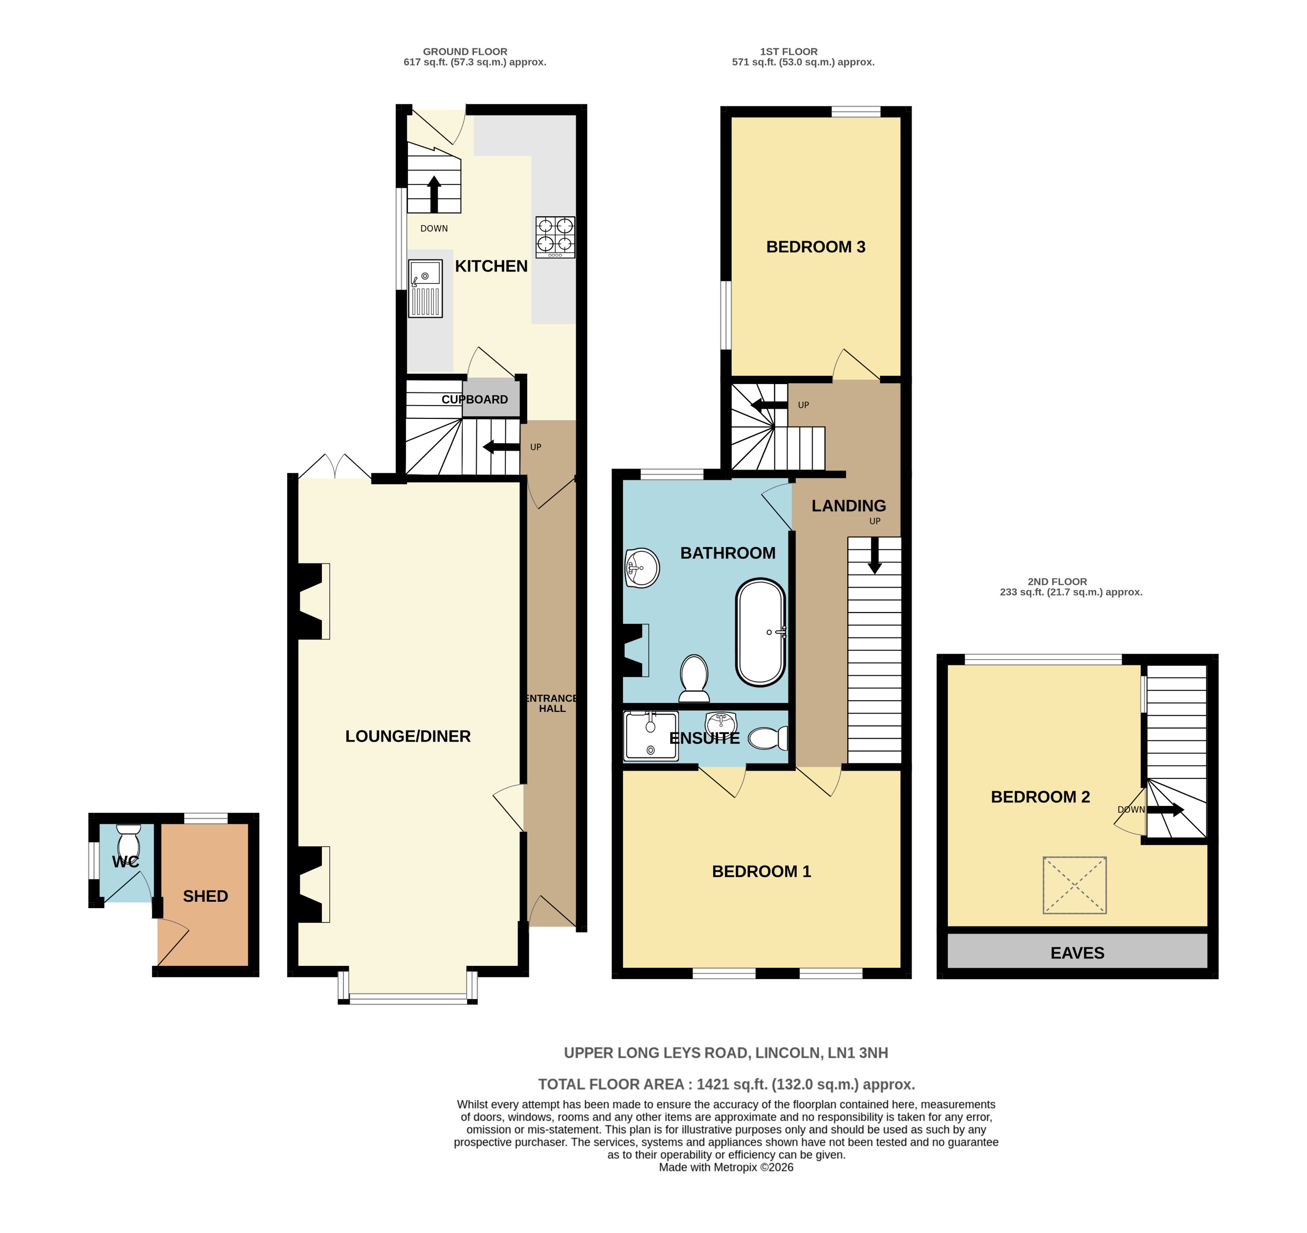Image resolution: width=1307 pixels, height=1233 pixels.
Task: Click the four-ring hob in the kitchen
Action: tap(555, 237)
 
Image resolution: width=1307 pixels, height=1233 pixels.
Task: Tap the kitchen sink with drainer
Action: tap(425, 289)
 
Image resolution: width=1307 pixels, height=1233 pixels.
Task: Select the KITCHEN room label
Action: tap(491, 266)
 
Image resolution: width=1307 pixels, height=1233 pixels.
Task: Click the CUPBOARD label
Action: tap(474, 399)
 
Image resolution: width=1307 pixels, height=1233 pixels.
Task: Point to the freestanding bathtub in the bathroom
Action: tap(761, 632)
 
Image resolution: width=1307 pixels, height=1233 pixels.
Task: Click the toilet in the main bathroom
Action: tap(694, 677)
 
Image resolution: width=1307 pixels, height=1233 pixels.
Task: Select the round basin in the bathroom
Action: tap(642, 568)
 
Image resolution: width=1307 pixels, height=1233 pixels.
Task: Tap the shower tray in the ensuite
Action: tap(650, 736)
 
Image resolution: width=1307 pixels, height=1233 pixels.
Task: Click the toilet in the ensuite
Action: tap(768, 738)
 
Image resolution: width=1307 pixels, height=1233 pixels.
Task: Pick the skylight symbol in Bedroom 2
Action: tap(1074, 885)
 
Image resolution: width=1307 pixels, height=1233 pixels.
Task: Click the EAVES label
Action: tap(1077, 953)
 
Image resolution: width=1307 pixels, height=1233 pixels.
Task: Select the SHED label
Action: tap(205, 896)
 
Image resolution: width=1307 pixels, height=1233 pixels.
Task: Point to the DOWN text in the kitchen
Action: tap(434, 228)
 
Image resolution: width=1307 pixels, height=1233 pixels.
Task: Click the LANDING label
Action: tap(848, 506)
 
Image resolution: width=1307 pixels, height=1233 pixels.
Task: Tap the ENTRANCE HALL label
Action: tap(552, 703)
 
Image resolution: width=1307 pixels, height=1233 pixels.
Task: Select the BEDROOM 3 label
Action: tap(815, 247)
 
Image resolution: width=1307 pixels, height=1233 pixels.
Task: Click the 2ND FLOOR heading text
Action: tap(1057, 581)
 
